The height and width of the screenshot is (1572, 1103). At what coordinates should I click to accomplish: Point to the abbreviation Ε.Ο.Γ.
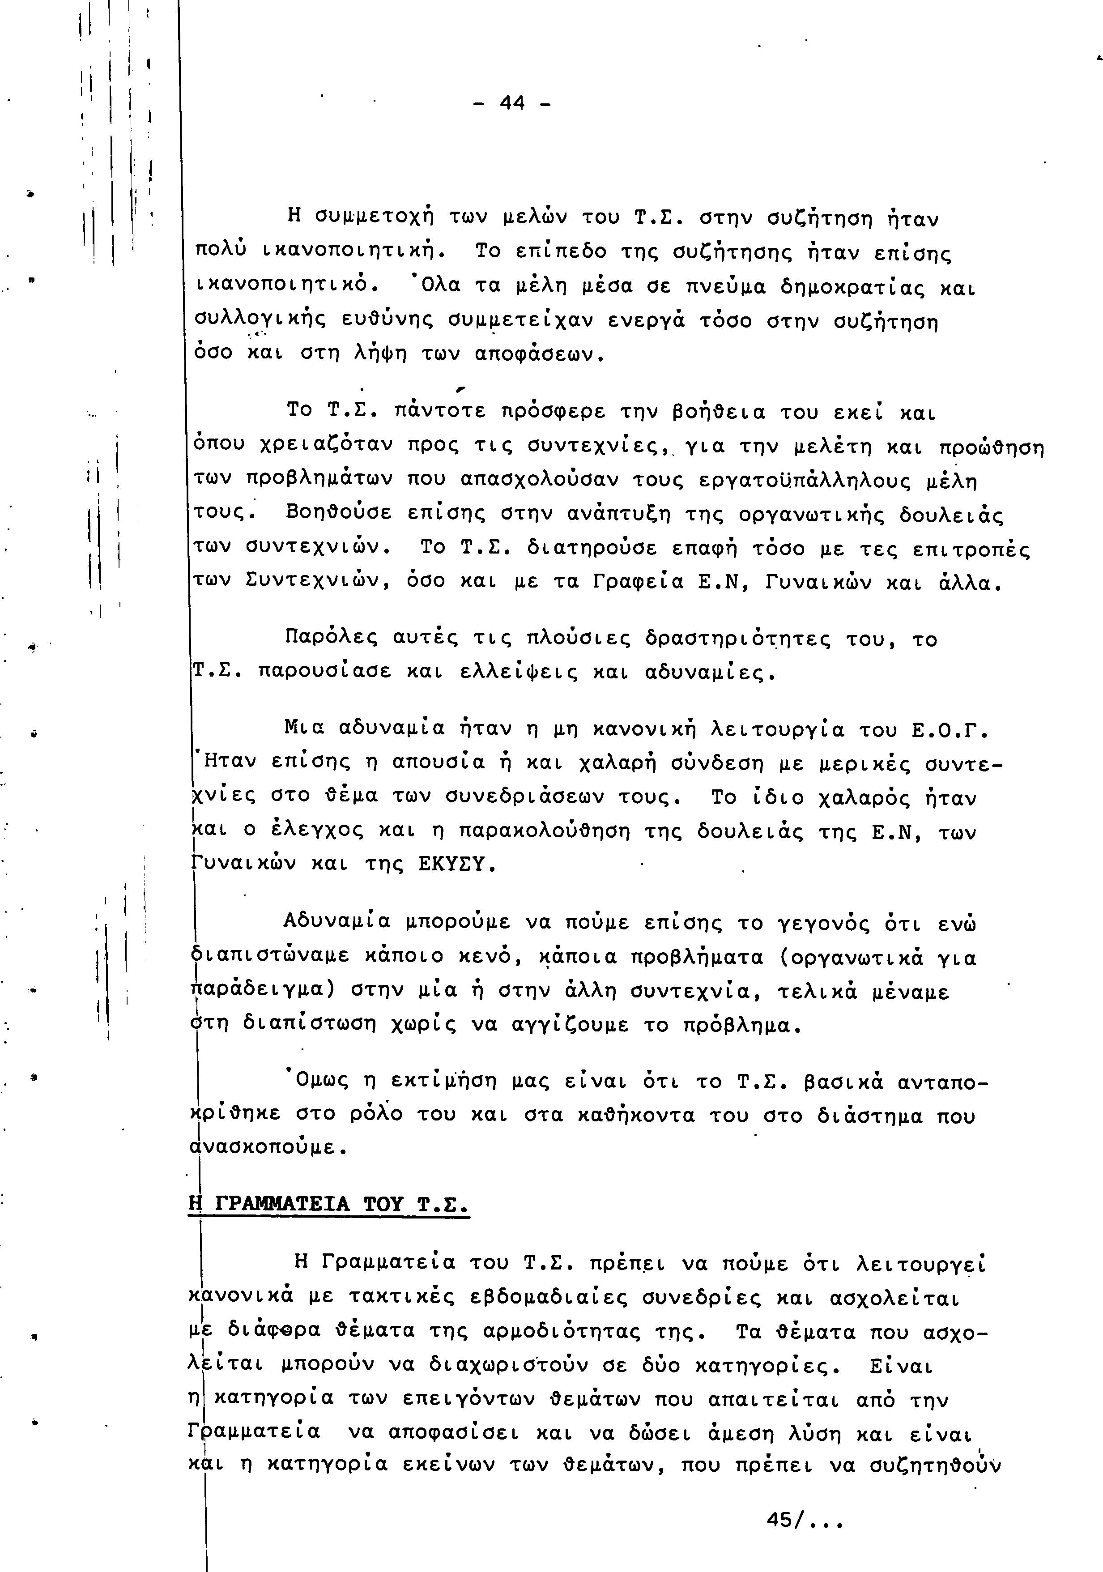click(950, 731)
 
